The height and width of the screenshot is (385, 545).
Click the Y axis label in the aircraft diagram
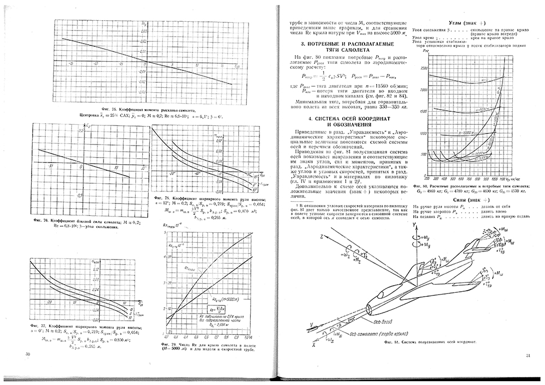point(414,224)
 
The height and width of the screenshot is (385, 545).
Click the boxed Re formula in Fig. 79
point(220,309)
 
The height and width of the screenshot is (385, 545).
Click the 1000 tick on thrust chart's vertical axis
point(420,134)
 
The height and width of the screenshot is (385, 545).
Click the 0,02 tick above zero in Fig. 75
point(143,41)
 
